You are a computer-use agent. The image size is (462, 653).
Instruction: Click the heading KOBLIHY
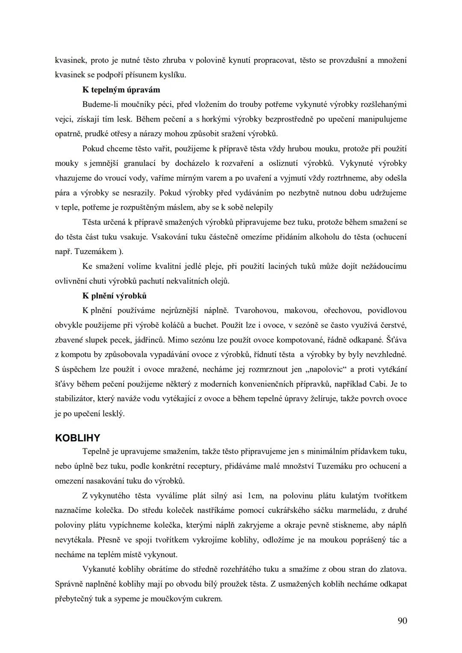[x=77, y=438]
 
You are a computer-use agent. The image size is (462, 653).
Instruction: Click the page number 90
[x=402, y=621]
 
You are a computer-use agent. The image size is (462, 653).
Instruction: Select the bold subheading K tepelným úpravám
[x=121, y=90]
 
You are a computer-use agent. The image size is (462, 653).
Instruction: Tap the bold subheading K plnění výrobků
[x=114, y=296]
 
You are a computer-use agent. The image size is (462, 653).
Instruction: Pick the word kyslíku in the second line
[x=172, y=75]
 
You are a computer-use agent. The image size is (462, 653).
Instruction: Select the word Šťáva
[x=396, y=340]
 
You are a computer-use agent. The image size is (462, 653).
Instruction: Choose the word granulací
[x=141, y=163]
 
